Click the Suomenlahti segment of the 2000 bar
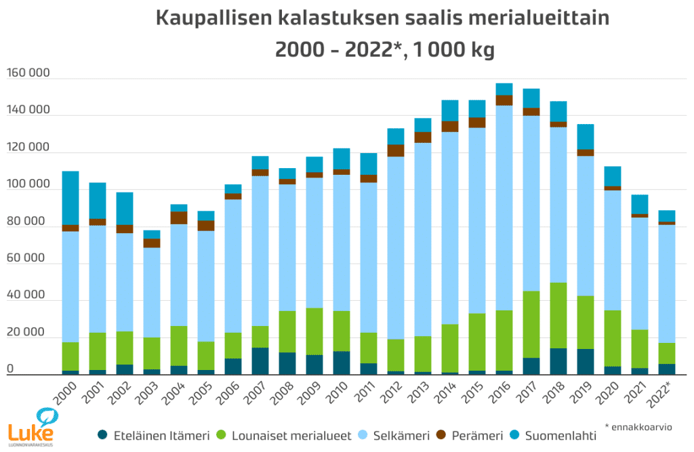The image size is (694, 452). tap(70, 198)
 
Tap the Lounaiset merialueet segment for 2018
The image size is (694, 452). tap(558, 315)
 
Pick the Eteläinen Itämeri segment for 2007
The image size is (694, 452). tap(260, 361)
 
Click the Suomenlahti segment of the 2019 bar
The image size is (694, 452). tap(585, 136)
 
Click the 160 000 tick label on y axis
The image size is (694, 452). tap(29, 73)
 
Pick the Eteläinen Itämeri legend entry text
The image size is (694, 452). tap(161, 436)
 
